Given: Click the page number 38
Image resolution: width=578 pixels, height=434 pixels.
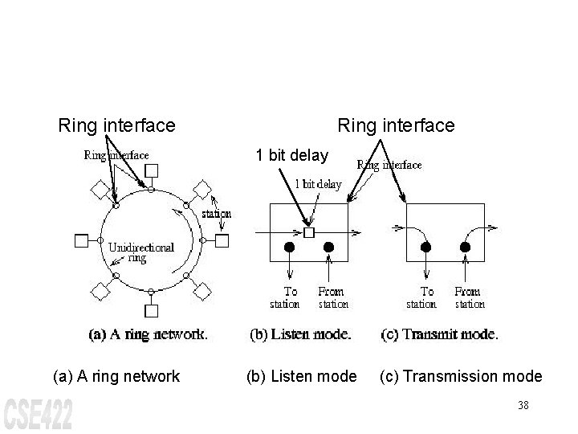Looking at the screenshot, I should pyautogui.click(x=523, y=406).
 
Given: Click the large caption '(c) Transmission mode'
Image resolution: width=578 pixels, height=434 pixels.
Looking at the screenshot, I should pyautogui.click(x=461, y=376).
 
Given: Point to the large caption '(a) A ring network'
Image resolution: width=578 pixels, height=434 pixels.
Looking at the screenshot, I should pyautogui.click(x=116, y=376).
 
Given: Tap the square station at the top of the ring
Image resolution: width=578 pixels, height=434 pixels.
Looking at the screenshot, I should pyautogui.click(x=151, y=170).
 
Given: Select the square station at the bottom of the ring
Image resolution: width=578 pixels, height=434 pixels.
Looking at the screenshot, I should pyautogui.click(x=151, y=310).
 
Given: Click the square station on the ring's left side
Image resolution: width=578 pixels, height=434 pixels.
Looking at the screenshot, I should pyautogui.click(x=80, y=240).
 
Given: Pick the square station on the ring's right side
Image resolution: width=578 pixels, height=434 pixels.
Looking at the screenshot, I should pyautogui.click(x=222, y=240).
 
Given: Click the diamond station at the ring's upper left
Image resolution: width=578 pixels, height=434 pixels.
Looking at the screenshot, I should pyautogui.click(x=100, y=190).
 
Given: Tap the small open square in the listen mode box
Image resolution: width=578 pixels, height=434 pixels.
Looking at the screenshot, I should pyautogui.click(x=309, y=232).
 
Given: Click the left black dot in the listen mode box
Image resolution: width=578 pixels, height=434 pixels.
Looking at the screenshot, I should pyautogui.click(x=290, y=247).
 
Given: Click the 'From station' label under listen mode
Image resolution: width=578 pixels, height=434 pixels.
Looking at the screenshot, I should pyautogui.click(x=333, y=297).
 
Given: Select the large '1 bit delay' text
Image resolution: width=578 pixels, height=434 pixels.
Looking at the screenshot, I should pyautogui.click(x=291, y=154).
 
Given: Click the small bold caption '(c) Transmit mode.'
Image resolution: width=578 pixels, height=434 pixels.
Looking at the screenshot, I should pyautogui.click(x=439, y=335).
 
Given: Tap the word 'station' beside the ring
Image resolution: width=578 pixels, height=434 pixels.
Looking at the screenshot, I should pyautogui.click(x=216, y=214).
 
